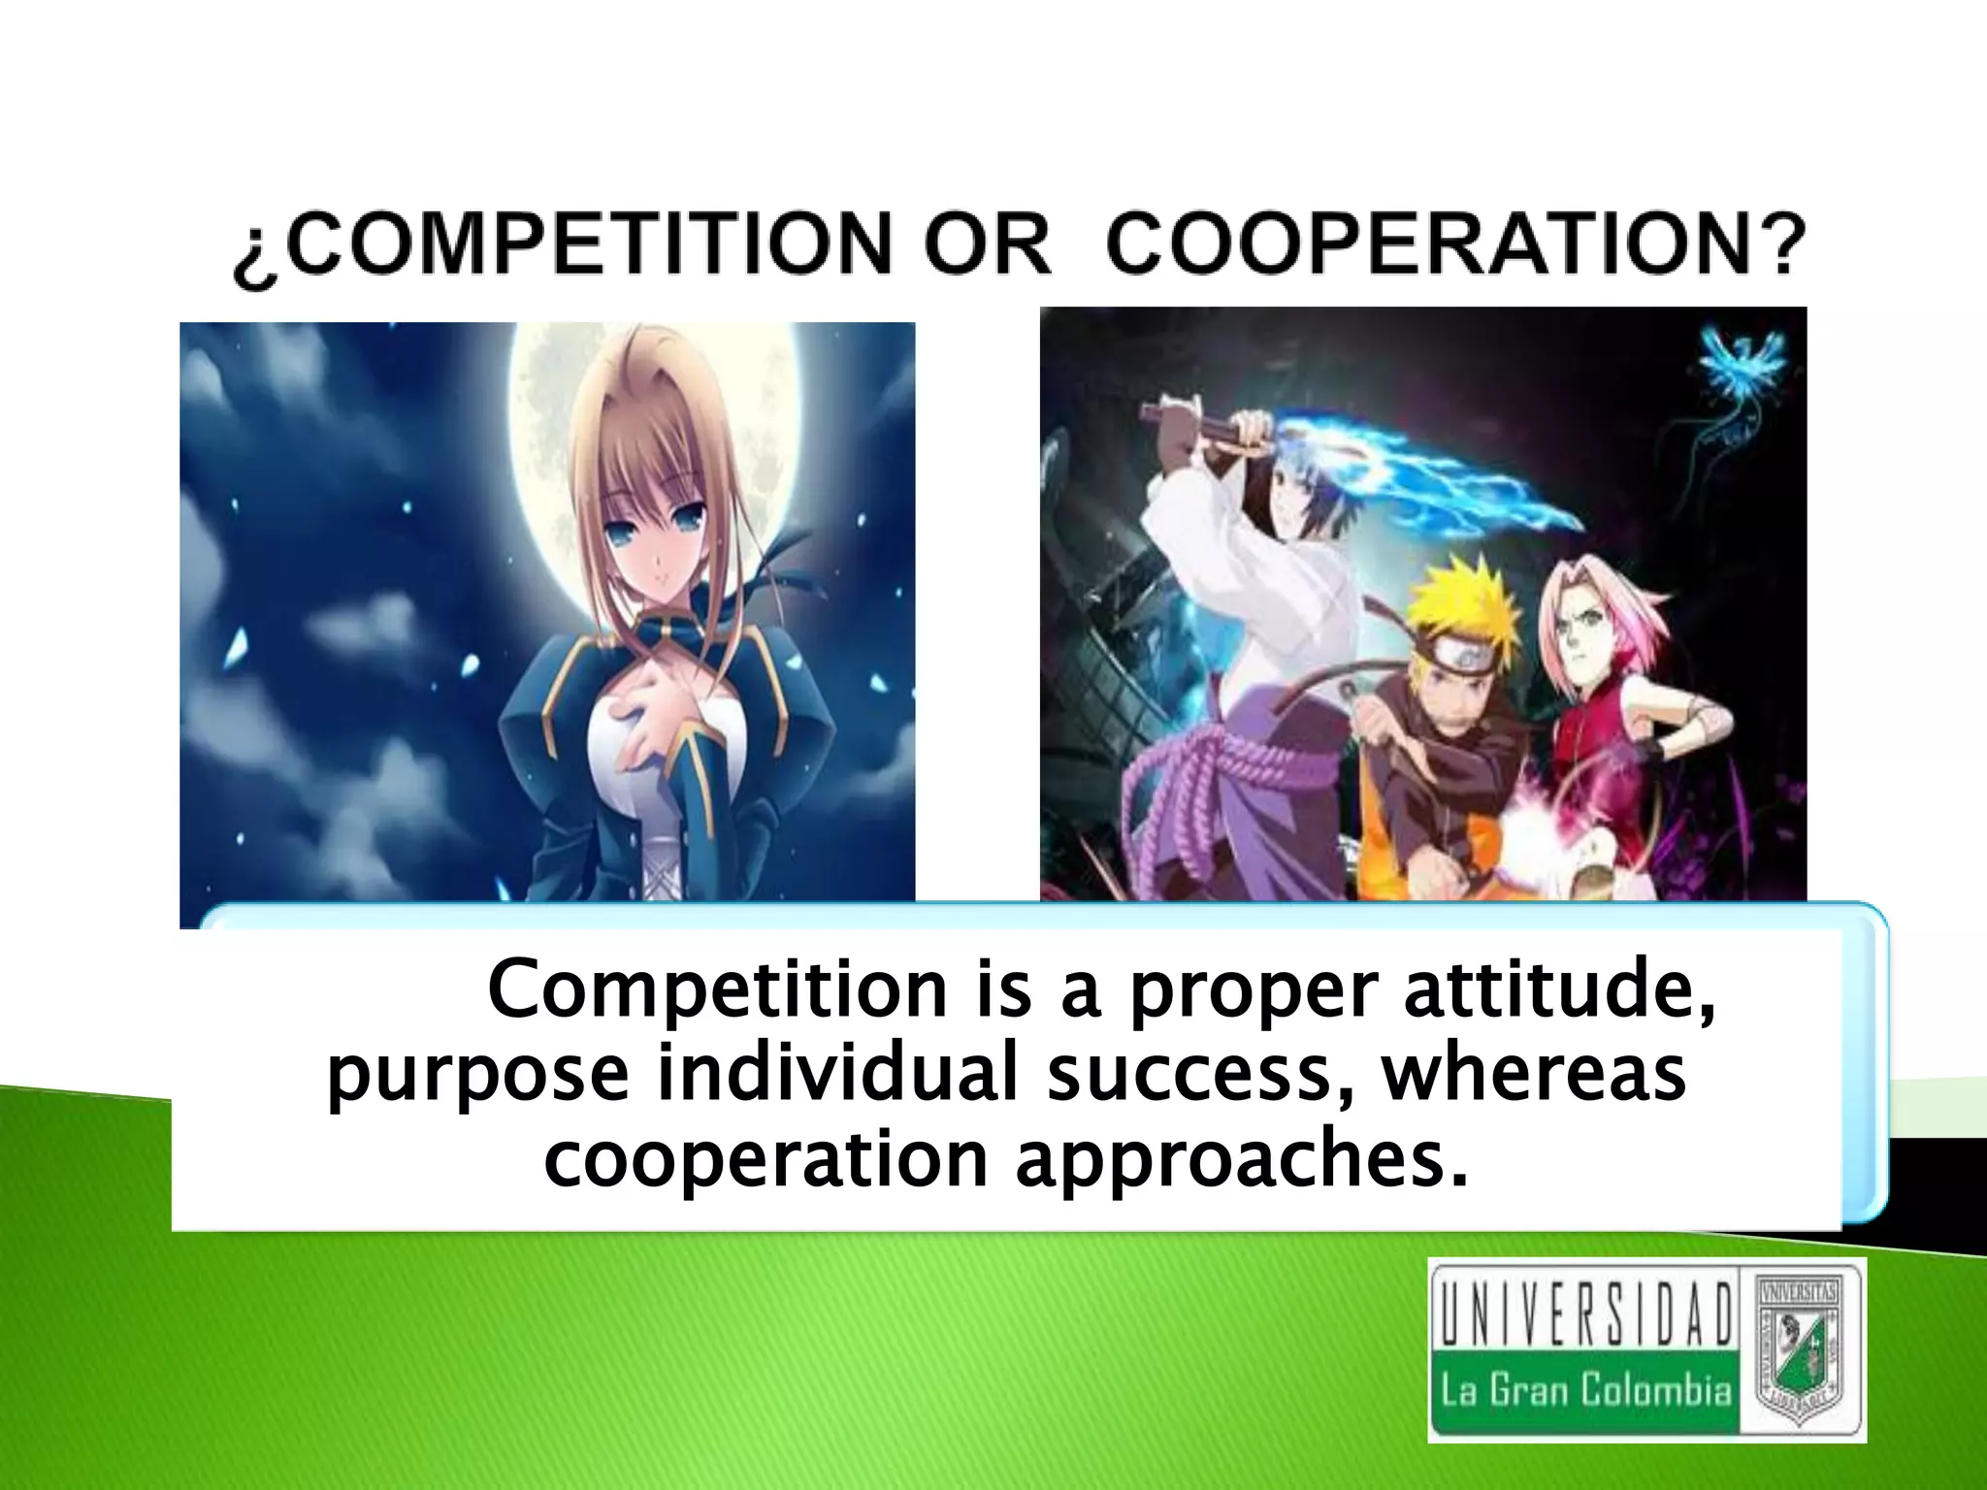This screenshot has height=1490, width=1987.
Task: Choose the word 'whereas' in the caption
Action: click(1534, 1078)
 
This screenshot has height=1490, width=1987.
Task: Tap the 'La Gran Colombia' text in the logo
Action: click(1585, 1391)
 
